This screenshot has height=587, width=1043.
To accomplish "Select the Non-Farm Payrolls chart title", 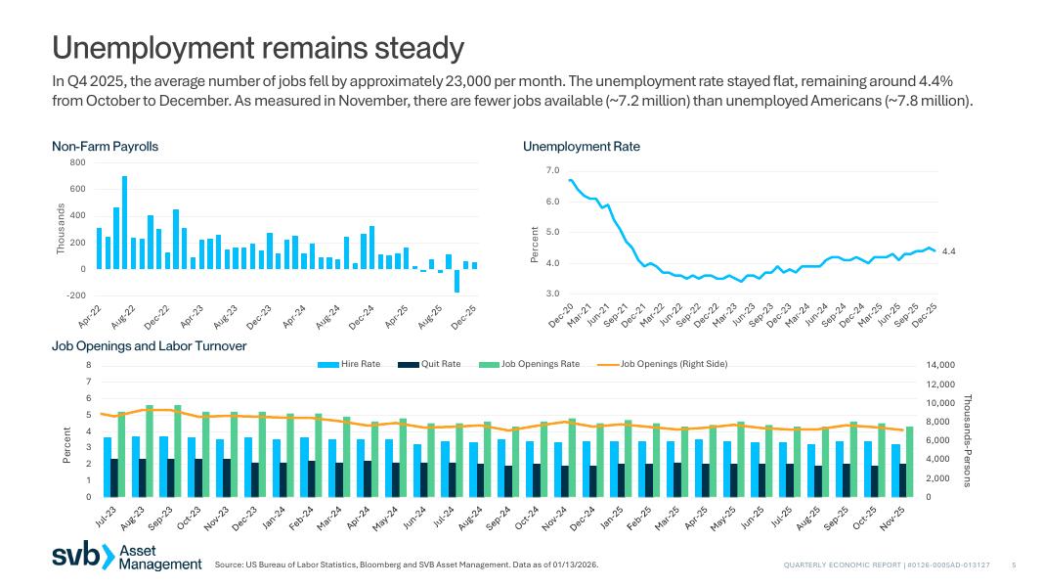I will [105, 147].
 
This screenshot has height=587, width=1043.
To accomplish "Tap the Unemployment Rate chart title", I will [582, 147].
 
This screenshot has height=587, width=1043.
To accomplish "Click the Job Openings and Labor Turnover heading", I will [149, 346].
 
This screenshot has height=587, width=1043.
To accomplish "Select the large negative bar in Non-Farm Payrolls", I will [456, 280].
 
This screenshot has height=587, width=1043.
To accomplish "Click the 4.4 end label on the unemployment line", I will [948, 251].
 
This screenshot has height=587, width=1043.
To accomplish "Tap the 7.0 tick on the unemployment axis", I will [552, 171].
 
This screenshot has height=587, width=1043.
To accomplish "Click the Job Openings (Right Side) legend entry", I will [664, 364].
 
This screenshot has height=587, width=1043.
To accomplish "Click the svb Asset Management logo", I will [127, 557].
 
